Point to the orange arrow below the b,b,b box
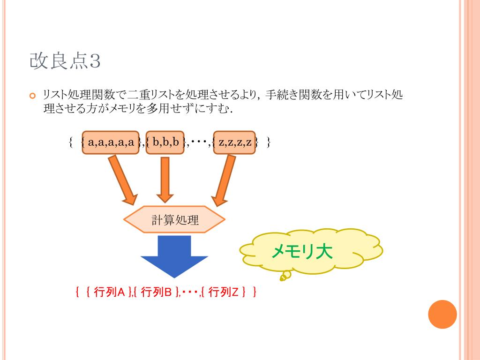[x=164, y=180]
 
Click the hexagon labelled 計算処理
[x=175, y=219]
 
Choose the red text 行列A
[x=109, y=292]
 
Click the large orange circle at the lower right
[x=442, y=315]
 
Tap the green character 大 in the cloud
[x=323, y=252]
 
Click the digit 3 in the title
[x=95, y=61]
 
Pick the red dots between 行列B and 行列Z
[x=190, y=292]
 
